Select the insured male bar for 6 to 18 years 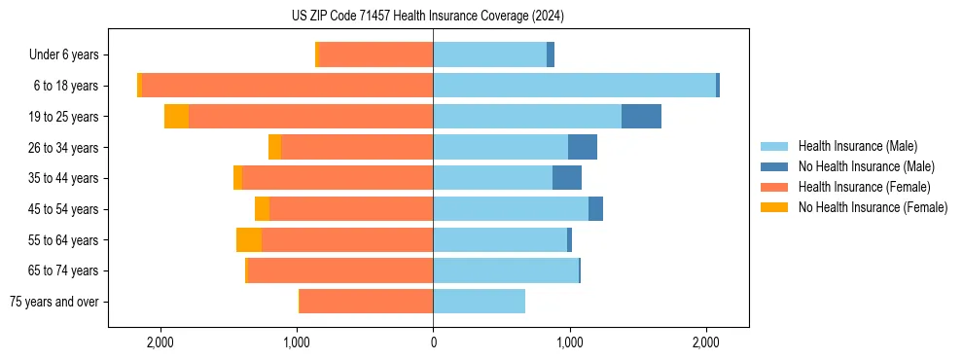click(574, 86)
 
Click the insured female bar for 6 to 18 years click(287, 86)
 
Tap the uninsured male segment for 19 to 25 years click(641, 117)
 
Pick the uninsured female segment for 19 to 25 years click(176, 117)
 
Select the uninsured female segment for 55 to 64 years click(248, 240)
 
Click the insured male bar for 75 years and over click(479, 302)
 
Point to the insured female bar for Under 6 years click(375, 54)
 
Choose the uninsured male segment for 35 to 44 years click(567, 178)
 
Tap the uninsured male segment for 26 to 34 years click(583, 147)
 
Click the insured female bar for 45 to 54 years click(351, 209)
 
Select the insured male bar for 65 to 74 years click(506, 270)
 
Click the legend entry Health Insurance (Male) click(857, 146)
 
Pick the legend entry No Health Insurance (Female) click(873, 207)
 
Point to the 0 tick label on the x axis click(433, 342)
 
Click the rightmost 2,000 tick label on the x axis click(706, 342)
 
